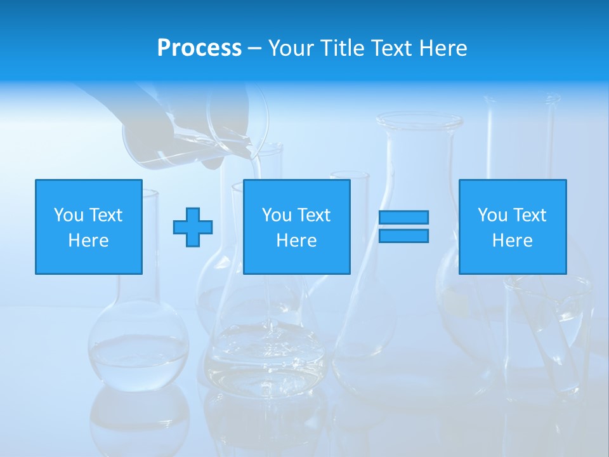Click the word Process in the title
click(199, 48)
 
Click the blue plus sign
click(193, 227)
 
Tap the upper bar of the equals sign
click(403, 218)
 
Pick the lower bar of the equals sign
click(403, 235)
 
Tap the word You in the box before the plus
click(69, 215)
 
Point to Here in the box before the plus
click(88, 241)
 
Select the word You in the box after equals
click(492, 215)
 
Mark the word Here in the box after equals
click(512, 241)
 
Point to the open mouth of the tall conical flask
click(419, 120)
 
